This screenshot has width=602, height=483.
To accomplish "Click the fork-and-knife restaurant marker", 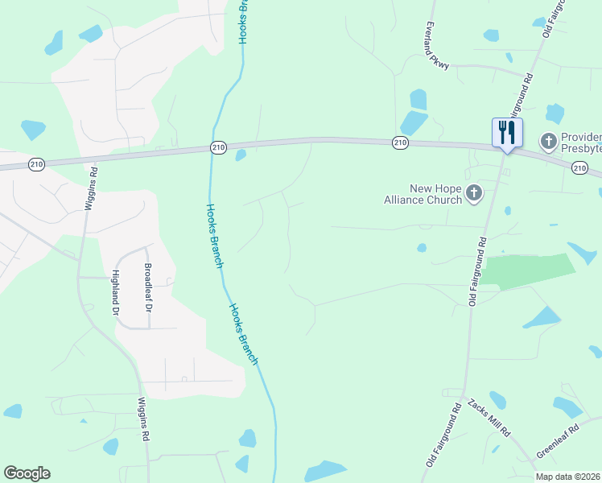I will [507, 132].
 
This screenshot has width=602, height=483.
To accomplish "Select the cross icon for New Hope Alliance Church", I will [474, 192].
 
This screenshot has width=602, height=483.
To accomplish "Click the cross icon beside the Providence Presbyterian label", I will [548, 142].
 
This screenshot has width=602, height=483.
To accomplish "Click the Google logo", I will [27, 473].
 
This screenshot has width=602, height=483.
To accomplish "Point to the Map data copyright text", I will [568, 477].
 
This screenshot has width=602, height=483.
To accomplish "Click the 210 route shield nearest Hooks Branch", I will [218, 147].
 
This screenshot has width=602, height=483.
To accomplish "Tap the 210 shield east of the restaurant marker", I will [579, 167].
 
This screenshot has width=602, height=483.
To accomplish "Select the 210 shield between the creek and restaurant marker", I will [401, 142].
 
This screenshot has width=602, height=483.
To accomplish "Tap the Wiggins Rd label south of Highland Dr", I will [144, 419].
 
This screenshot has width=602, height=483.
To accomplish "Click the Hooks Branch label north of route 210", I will [242, 22].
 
